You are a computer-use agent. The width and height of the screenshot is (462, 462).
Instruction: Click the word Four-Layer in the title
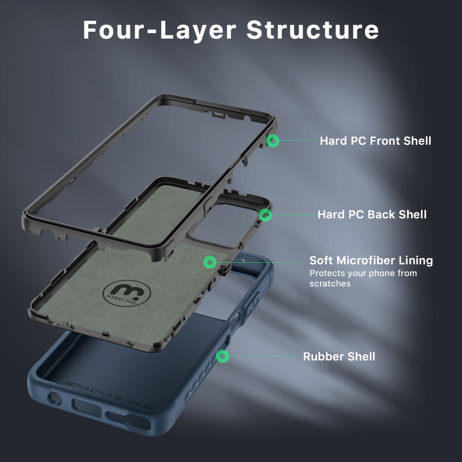[x=159, y=30]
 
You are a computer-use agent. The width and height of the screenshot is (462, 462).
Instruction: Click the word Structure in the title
[x=312, y=30]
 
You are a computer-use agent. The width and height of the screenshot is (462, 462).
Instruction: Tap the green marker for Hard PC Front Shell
[x=273, y=141]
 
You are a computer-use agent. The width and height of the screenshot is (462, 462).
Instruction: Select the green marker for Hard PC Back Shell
[x=265, y=215]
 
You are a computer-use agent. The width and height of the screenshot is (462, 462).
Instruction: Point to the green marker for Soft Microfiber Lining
[x=210, y=262]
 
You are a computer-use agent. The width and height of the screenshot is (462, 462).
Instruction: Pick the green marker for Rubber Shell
[x=222, y=356]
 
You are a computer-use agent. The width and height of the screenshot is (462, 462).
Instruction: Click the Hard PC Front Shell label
[x=375, y=141]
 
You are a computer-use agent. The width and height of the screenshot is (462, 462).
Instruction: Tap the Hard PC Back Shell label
[x=372, y=214]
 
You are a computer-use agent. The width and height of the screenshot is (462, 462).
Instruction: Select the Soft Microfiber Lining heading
[x=371, y=260]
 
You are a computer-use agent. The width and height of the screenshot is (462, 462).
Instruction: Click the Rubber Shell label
[x=339, y=356]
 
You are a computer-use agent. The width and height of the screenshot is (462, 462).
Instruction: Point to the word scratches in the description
[x=330, y=284]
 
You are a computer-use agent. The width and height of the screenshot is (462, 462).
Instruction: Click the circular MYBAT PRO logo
[x=126, y=293]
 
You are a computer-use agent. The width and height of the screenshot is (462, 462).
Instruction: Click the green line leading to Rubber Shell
[x=263, y=356]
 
